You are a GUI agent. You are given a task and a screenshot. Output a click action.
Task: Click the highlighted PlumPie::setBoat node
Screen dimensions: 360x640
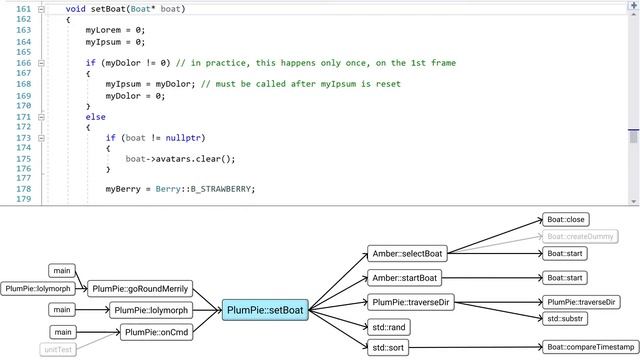264,310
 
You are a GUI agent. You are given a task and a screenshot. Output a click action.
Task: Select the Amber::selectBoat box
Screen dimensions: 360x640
406,254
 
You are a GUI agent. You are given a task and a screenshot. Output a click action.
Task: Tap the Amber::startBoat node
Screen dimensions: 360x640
405,277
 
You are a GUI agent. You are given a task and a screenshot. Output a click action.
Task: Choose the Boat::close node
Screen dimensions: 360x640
566,218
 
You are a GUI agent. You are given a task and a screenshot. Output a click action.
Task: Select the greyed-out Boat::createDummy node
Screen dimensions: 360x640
579,236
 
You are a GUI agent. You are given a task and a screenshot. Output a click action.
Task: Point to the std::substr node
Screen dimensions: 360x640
567,318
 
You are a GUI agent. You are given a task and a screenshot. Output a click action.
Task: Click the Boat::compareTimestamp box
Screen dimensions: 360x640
591,347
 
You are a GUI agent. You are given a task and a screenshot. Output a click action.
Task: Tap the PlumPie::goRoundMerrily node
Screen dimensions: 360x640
139,288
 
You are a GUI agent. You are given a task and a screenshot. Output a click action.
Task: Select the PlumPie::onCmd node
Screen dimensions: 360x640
157,332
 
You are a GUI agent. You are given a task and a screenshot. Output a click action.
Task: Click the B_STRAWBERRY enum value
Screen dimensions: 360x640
223,189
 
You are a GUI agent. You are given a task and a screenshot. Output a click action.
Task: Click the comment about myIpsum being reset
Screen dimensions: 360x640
301,84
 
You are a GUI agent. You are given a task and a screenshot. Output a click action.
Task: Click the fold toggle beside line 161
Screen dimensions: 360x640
42,9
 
